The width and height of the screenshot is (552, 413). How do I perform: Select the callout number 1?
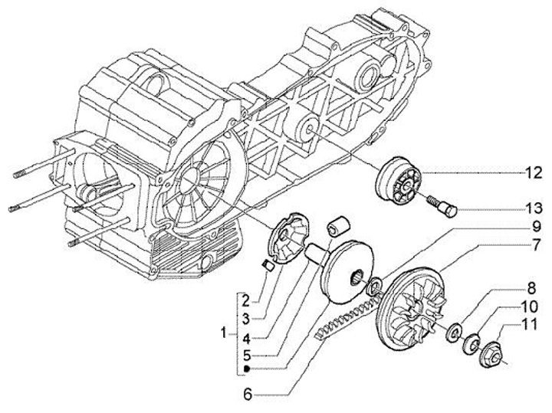(x=223, y=334)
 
